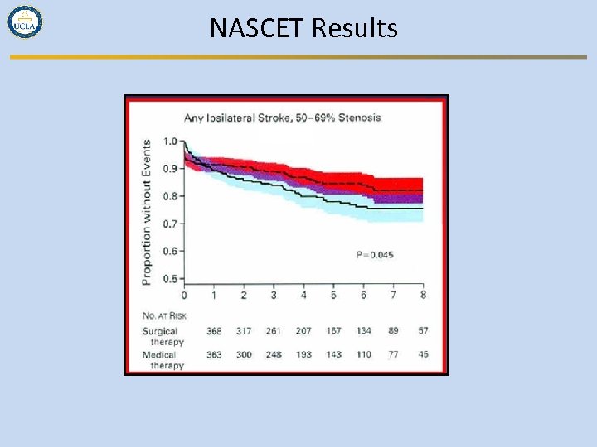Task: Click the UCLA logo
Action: tap(25, 22)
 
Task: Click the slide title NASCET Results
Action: tap(303, 28)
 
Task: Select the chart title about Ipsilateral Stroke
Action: tap(282, 118)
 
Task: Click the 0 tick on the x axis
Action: tap(184, 296)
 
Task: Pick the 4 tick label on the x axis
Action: tap(303, 296)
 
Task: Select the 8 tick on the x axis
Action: tap(423, 296)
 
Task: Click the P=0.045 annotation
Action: tap(375, 255)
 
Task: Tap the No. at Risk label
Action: tap(164, 315)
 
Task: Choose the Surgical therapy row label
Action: tap(162, 336)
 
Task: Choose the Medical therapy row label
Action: tap(162, 360)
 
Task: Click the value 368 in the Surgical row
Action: tap(214, 331)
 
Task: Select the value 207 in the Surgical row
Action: tap(303, 331)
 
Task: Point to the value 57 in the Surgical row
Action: tap(423, 331)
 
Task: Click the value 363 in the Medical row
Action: tap(214, 355)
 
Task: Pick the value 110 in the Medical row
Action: tap(363, 355)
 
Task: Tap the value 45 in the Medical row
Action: tap(423, 355)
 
